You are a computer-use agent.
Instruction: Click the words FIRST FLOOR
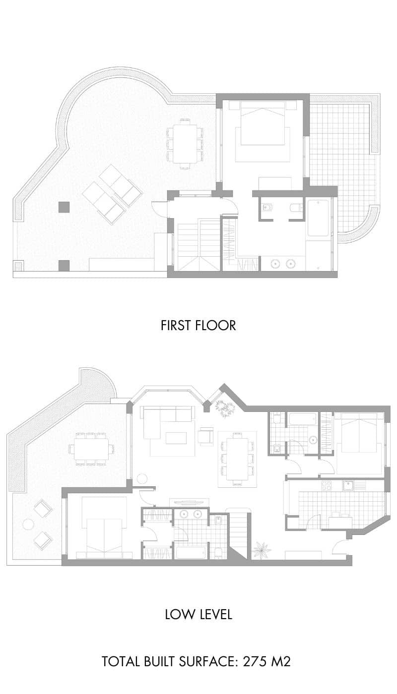pos(198,325)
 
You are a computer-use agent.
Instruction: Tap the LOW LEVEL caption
pos(198,615)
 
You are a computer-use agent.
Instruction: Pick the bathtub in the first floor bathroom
pos(318,218)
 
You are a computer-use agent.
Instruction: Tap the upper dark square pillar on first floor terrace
pos(64,207)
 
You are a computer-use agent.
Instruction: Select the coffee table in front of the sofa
pos(176,438)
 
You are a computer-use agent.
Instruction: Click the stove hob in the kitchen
pos(328,486)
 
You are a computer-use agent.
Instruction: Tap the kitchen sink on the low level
pos(349,485)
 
